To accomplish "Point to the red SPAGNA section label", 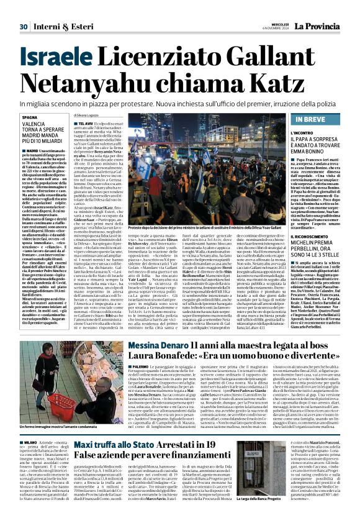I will (x=31, y=116).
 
